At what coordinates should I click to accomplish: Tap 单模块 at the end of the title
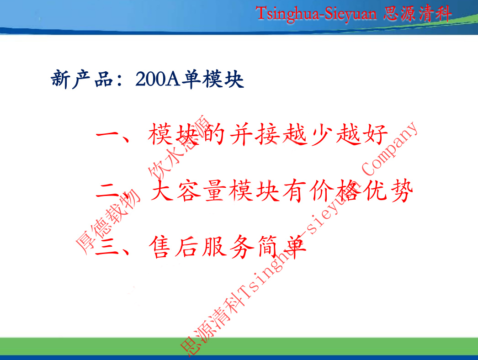click(212, 80)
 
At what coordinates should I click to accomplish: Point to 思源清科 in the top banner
click(417, 13)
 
